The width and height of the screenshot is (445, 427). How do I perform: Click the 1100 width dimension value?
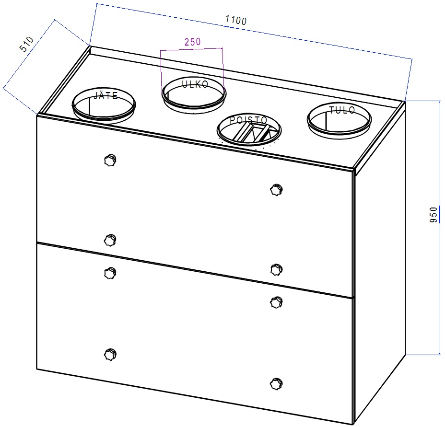click(235, 20)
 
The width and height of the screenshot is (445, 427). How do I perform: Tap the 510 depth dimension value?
click(27, 44)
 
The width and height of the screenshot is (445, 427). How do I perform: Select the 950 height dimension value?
click(433, 215)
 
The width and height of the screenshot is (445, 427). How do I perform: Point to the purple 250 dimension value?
click(192, 42)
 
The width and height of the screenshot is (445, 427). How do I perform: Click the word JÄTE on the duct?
click(105, 96)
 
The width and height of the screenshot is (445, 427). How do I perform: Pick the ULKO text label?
click(195, 84)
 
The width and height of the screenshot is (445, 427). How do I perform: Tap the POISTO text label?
click(248, 120)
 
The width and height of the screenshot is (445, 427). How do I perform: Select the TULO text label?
click(342, 110)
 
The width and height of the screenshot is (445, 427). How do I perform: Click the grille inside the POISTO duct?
click(250, 133)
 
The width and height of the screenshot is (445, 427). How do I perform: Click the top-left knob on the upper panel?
click(110, 160)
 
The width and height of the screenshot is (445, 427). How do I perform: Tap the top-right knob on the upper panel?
click(276, 190)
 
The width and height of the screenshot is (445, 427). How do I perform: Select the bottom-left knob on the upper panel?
click(110, 240)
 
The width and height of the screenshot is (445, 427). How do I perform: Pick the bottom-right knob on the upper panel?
click(276, 269)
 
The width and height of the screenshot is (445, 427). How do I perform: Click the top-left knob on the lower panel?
click(110, 273)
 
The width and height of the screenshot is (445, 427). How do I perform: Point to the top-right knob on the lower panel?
click(276, 302)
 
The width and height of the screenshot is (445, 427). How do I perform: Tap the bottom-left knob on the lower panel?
click(110, 355)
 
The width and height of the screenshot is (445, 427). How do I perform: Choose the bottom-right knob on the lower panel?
click(276, 384)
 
